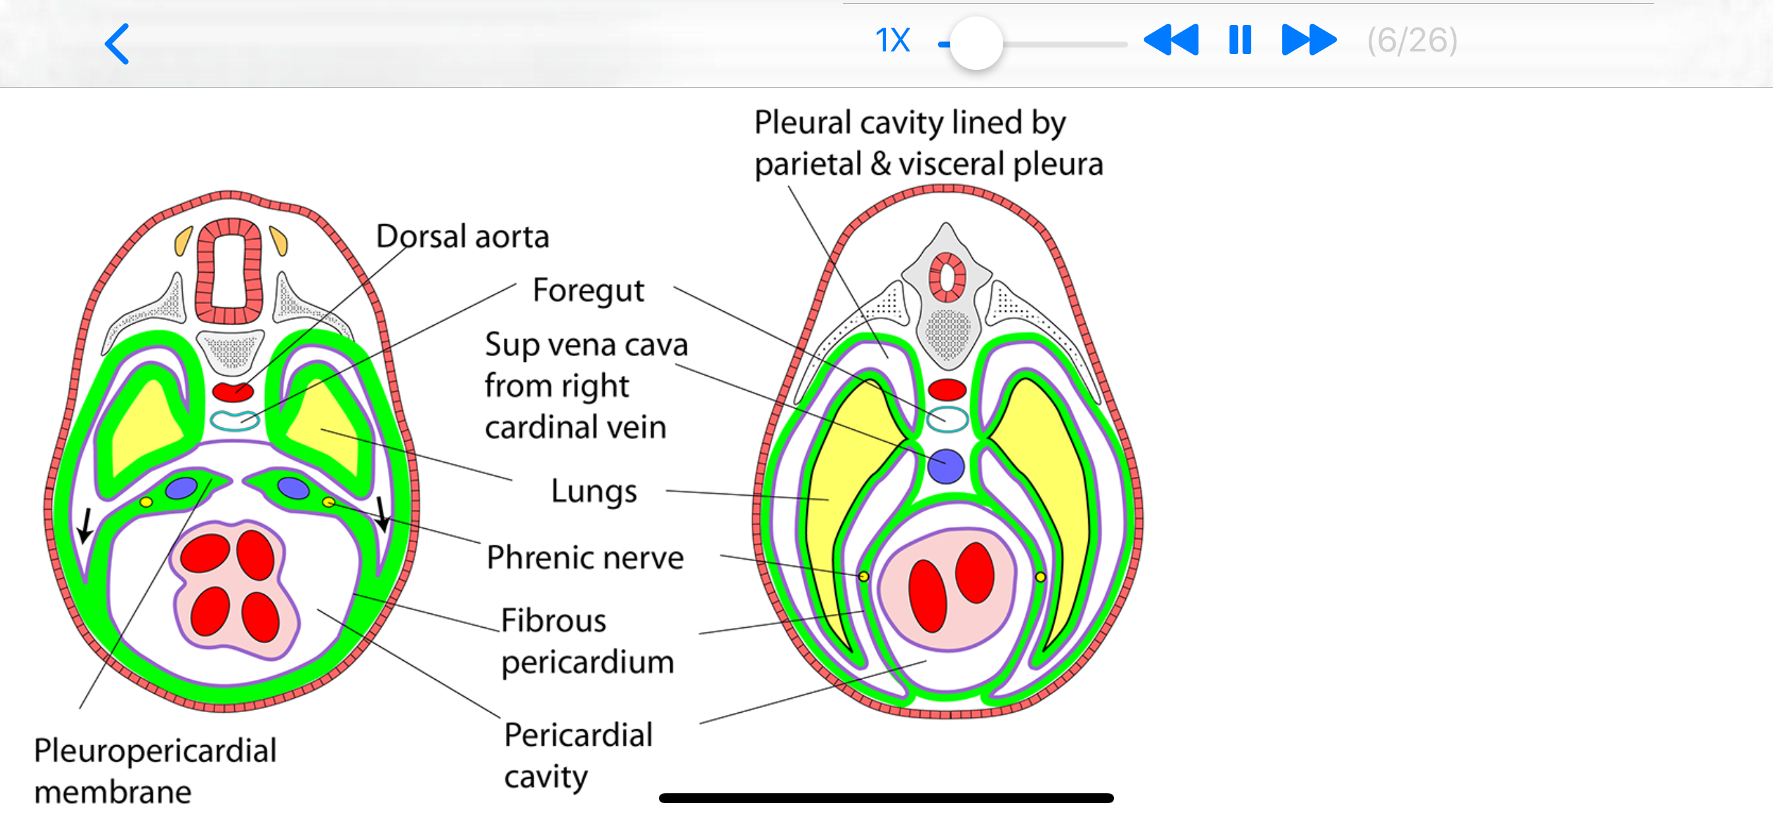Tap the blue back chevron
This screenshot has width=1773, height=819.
point(117,44)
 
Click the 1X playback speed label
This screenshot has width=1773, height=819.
point(892,41)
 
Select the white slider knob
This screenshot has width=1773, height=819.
point(976,44)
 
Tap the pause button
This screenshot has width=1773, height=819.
point(1239,40)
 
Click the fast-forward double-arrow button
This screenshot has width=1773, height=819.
point(1309,40)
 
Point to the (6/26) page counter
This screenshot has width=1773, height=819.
point(1412,41)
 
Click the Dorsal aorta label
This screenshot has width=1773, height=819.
point(462,236)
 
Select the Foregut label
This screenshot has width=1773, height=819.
point(588,290)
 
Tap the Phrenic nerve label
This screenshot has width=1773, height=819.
point(585,557)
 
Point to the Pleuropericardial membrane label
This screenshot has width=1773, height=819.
point(155,771)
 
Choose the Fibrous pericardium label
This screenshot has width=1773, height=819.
point(587,642)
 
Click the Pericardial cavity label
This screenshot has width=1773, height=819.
point(578,756)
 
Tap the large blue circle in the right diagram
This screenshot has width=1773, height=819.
point(946,467)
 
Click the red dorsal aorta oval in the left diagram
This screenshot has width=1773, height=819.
point(233,392)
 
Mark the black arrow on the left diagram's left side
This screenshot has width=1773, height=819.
point(85,526)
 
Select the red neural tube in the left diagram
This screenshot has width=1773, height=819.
point(229,271)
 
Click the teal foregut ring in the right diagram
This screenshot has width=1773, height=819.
point(947,419)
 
